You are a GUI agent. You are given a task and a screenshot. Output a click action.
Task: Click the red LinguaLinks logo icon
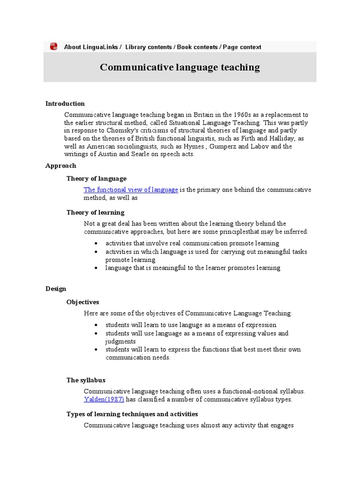pos(53,46)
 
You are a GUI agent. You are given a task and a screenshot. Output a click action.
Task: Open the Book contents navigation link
pos(197,47)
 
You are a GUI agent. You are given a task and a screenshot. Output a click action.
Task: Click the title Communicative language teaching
pos(180,67)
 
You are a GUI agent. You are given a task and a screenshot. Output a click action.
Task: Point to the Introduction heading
pos(65,104)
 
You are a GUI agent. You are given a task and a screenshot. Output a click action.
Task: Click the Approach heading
pos(60,165)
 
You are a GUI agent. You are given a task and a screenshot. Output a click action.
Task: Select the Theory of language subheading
pos(96,179)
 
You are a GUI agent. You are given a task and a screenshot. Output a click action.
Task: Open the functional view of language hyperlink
pos(131,190)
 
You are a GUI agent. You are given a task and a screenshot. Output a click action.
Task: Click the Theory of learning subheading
pos(95,212)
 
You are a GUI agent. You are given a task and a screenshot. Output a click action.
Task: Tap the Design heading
pos(56,289)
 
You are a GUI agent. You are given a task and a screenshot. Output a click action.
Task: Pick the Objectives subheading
pos(82,302)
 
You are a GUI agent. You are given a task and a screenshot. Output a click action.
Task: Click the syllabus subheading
pos(86,380)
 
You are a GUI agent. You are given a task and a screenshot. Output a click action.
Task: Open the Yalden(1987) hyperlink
pos(104,399)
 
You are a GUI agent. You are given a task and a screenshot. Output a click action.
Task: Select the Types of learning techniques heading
pos(132,414)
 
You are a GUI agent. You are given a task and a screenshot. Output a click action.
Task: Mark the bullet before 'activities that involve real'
pos(96,244)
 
